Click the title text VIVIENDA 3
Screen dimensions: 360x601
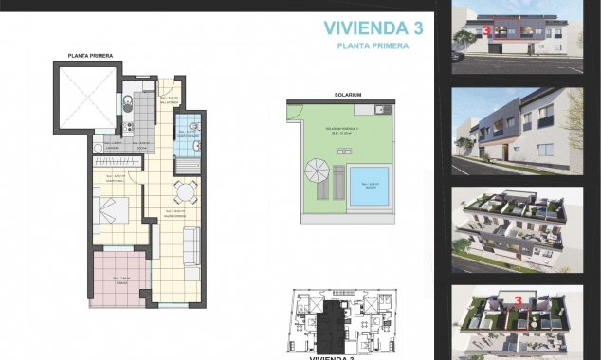click(373, 27)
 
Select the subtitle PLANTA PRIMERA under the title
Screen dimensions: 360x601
click(373, 45)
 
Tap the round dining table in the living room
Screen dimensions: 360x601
click(183, 192)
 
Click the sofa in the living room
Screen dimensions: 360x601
click(190, 248)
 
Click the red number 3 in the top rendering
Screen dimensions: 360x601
click(486, 30)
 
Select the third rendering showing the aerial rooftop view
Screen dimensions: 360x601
click(517, 228)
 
